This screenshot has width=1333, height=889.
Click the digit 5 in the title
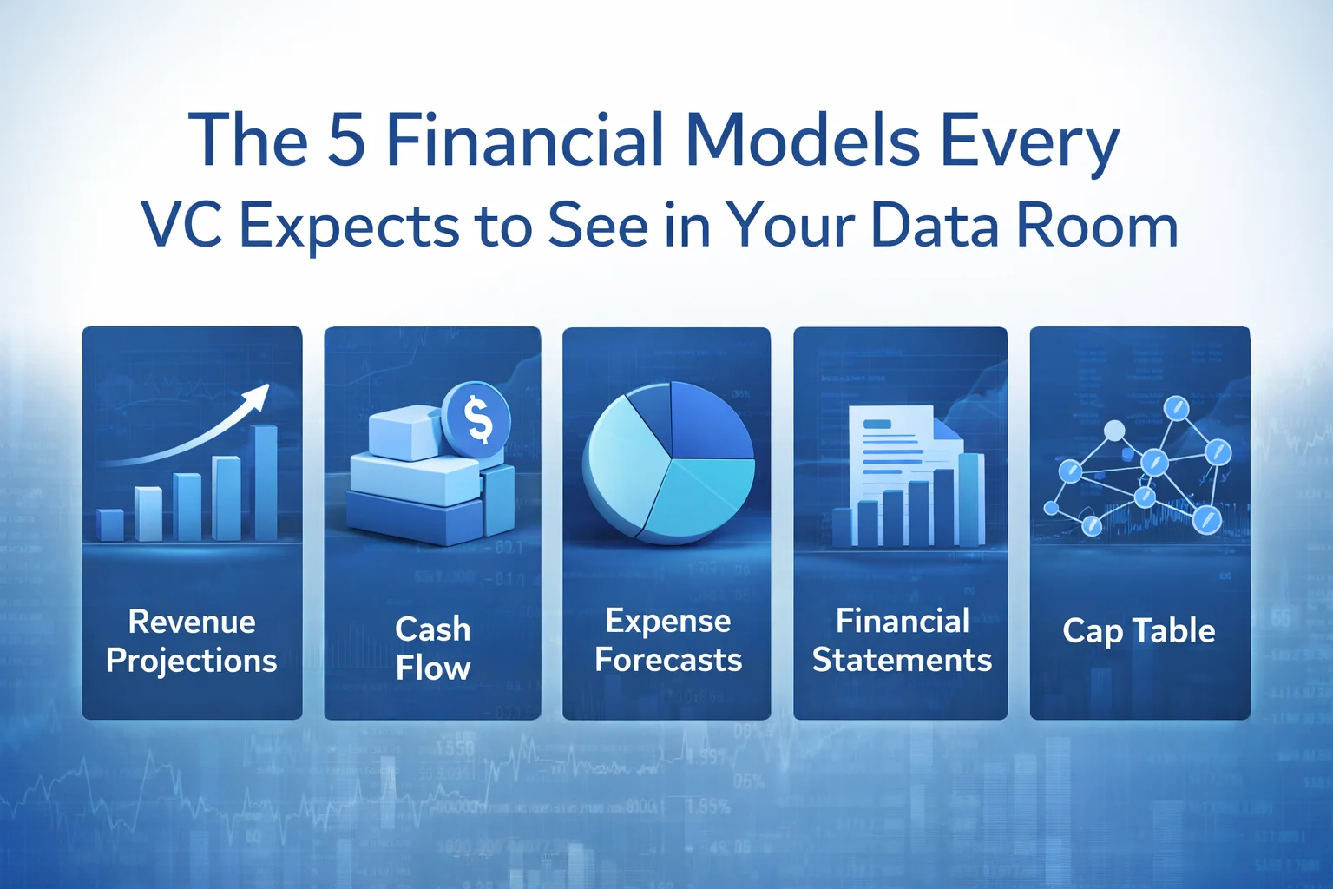(x=346, y=141)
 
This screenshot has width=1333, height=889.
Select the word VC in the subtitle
(x=181, y=226)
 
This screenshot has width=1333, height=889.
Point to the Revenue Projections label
(x=192, y=641)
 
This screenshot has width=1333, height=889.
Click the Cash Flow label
(x=432, y=648)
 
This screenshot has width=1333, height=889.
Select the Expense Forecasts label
(x=667, y=640)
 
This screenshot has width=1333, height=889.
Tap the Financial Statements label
(x=902, y=640)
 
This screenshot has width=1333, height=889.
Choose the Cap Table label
(x=1139, y=631)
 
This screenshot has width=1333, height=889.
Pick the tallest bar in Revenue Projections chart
(x=266, y=482)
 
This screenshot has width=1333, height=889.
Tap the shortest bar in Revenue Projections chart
(x=110, y=525)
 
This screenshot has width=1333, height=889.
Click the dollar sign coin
(x=476, y=418)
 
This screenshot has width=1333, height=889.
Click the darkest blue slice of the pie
(x=707, y=421)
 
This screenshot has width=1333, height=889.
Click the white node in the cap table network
(x=1114, y=431)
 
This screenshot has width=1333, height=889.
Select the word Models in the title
(x=803, y=141)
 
